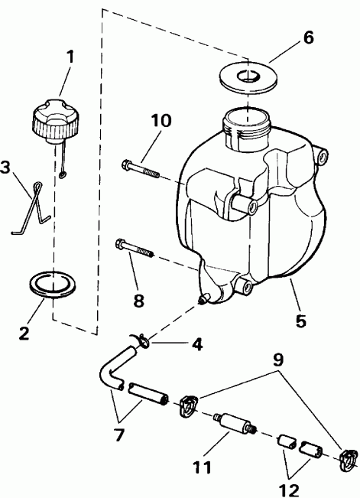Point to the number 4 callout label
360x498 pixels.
coord(196,345)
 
